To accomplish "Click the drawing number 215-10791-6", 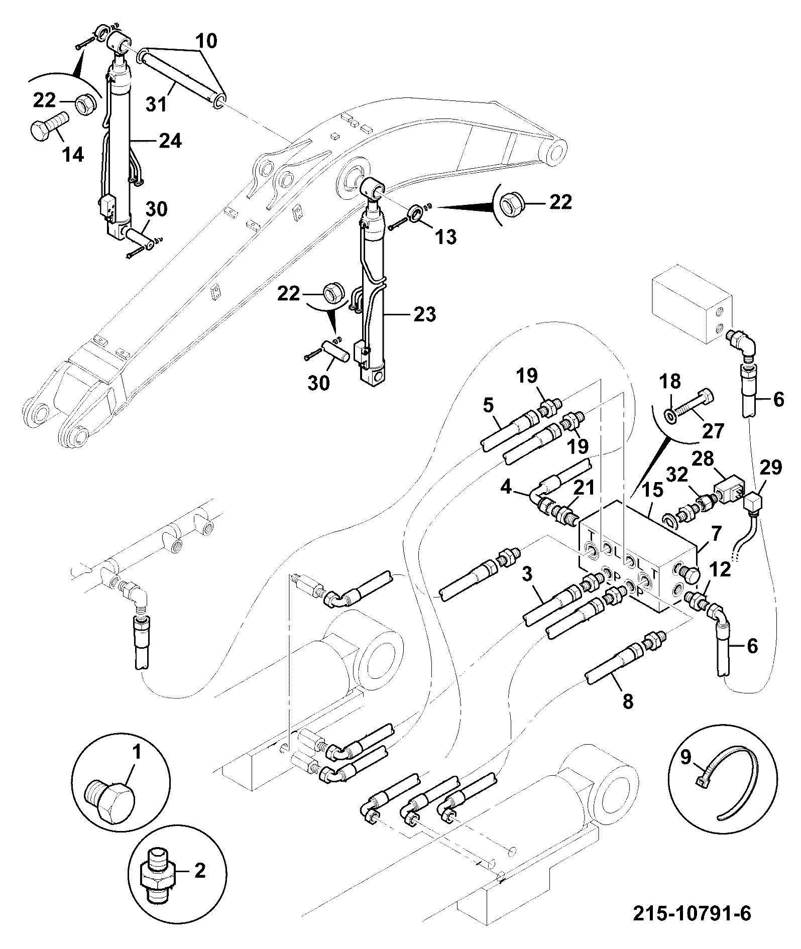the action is (692, 913).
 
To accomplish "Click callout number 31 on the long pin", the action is (157, 104).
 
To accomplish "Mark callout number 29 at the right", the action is (771, 468).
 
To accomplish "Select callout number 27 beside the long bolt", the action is (713, 430).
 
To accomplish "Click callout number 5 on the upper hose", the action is (488, 404).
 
